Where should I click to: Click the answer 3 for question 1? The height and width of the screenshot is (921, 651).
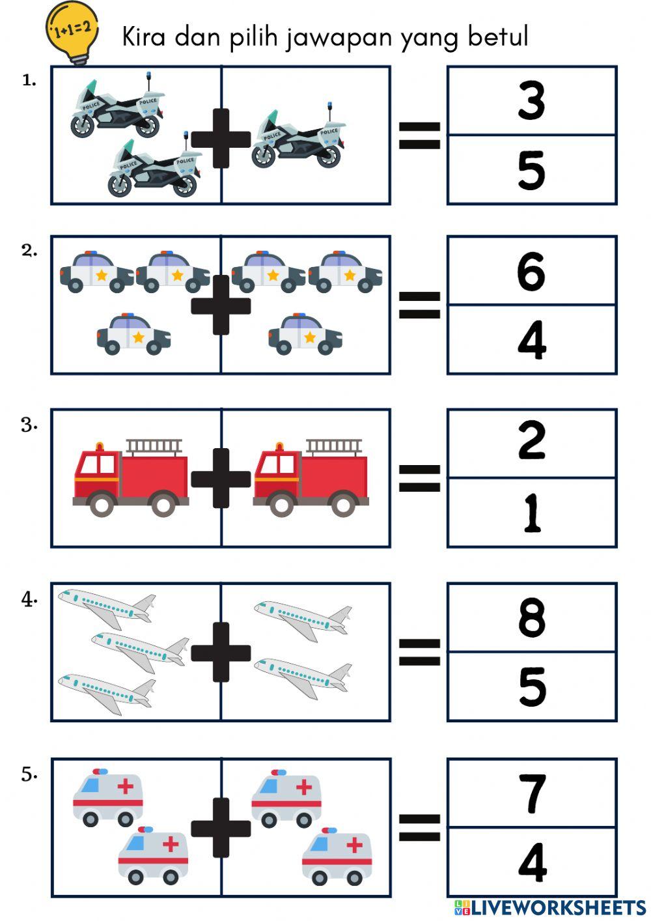(531, 101)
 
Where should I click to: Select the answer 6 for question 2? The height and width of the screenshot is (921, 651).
(531, 271)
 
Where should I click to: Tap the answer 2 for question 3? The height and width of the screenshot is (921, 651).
(531, 443)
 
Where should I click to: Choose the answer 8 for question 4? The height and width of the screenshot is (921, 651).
(531, 617)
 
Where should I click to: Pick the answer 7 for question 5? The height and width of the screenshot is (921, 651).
(531, 793)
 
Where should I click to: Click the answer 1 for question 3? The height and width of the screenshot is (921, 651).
(531, 513)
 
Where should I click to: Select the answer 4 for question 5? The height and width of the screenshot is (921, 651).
(531, 862)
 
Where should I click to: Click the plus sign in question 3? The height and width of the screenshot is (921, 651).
(221, 478)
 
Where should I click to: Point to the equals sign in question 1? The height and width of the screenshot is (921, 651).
(419, 135)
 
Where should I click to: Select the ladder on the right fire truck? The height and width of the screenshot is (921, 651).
(334, 447)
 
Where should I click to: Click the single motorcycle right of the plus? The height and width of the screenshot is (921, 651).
(298, 138)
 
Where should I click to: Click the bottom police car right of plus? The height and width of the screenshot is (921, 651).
(305, 334)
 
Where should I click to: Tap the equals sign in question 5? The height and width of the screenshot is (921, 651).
(419, 827)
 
